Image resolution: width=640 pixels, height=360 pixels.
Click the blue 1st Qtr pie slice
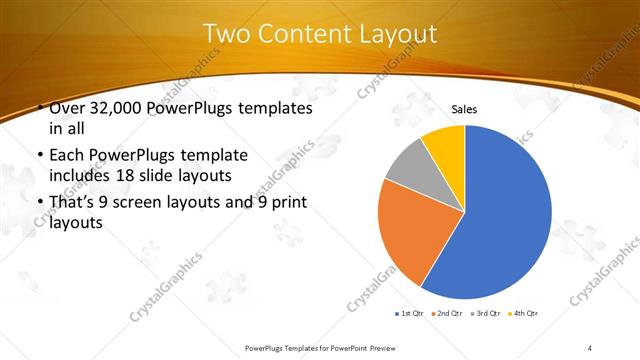(x=500, y=215)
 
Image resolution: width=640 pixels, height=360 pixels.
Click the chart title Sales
(x=464, y=108)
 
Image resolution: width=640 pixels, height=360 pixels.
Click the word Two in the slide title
(x=227, y=33)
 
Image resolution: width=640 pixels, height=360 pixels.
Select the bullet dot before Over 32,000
(x=39, y=108)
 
